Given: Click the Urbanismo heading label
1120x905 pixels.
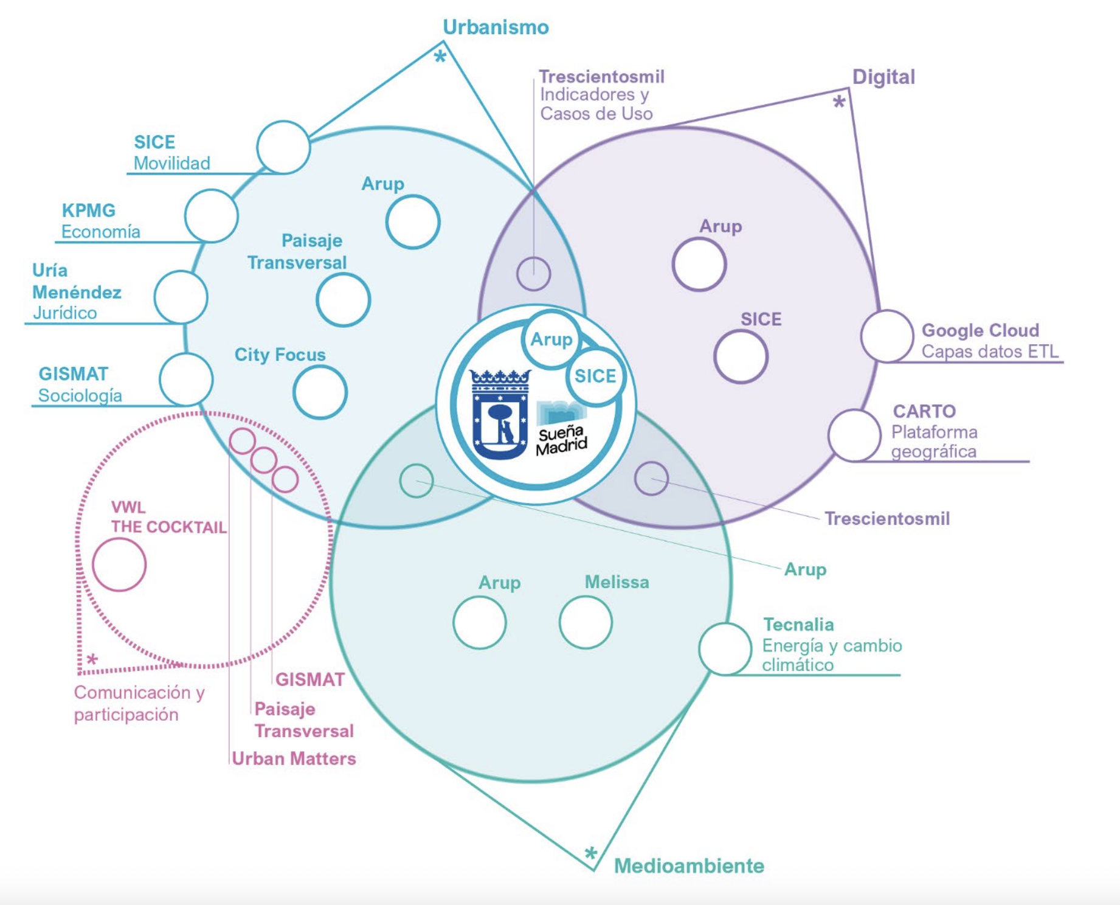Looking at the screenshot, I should click(496, 27).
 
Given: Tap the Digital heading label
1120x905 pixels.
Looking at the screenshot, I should click(883, 77).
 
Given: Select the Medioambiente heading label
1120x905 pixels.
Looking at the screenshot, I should click(688, 865).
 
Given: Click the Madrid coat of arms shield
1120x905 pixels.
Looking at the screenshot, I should click(500, 414).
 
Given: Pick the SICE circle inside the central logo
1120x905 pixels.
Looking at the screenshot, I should click(595, 376).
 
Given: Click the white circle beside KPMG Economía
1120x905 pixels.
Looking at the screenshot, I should click(211, 216).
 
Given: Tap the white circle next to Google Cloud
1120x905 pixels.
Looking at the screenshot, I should click(887, 336).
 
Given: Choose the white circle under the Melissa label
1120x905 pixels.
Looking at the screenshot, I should click(586, 622).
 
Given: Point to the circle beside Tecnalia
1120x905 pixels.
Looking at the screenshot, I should click(725, 649).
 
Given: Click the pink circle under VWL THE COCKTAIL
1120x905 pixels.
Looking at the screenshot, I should click(119, 564).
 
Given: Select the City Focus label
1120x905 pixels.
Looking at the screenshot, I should click(280, 355).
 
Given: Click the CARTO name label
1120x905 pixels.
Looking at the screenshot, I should click(924, 411).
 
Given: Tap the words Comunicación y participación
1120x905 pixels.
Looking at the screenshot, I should click(139, 703).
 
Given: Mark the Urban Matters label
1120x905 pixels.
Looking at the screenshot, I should click(294, 758).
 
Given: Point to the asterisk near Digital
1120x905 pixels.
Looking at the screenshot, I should click(839, 102).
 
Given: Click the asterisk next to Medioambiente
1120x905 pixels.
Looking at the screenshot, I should click(590, 853).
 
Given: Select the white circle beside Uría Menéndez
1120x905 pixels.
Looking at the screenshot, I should click(181, 297).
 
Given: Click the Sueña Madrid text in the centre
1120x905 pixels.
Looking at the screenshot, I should click(561, 440).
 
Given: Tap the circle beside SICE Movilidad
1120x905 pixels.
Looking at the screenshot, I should click(283, 147).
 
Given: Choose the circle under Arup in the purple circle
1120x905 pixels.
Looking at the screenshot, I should click(699, 265).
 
